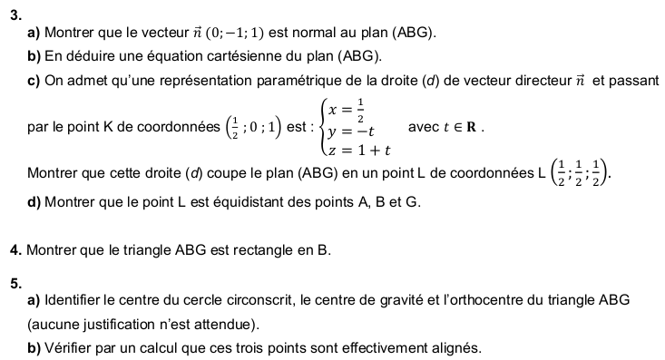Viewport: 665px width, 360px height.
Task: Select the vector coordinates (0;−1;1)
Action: [232, 33]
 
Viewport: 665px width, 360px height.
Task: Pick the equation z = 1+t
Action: [361, 149]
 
